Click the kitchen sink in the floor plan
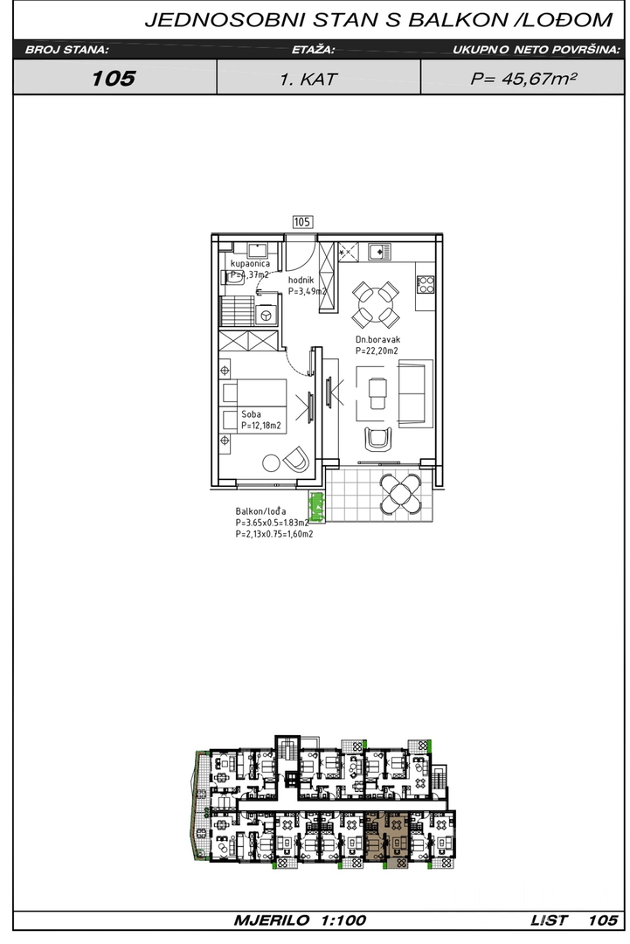click(379, 251)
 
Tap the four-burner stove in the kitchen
click(426, 284)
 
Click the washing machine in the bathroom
click(265, 315)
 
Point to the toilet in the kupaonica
click(236, 276)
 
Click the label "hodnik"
click(301, 280)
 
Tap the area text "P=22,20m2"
click(377, 351)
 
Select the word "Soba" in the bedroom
click(251, 414)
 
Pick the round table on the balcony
click(401, 494)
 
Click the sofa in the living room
click(414, 392)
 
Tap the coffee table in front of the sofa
click(377, 392)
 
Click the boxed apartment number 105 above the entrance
click(302, 222)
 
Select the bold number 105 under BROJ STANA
click(114, 78)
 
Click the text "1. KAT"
click(308, 79)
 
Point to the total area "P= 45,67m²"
click(523, 79)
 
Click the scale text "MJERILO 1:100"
click(300, 920)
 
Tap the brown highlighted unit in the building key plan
click(386, 839)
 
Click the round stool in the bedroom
click(271, 463)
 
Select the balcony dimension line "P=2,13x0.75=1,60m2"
click(274, 533)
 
